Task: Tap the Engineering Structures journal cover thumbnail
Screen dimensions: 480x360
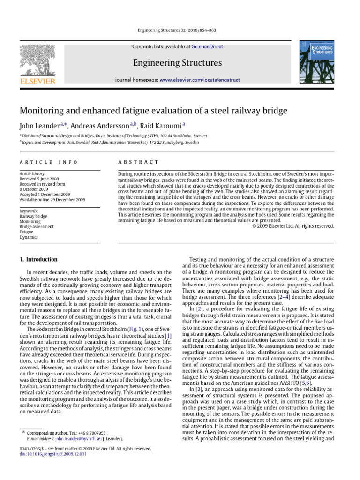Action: tap(316, 63)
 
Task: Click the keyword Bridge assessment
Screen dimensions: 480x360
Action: tap(37, 226)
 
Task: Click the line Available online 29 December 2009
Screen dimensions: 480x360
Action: tap(52, 200)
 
